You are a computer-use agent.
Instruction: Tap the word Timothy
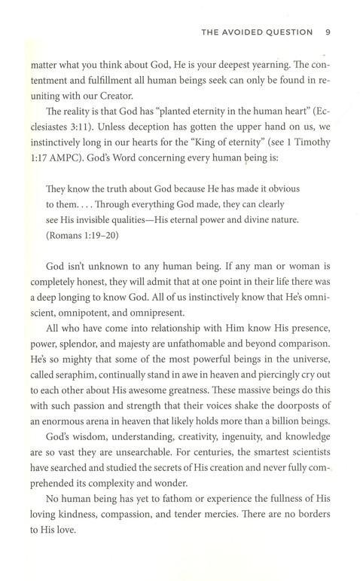pyautogui.click(x=309, y=151)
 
